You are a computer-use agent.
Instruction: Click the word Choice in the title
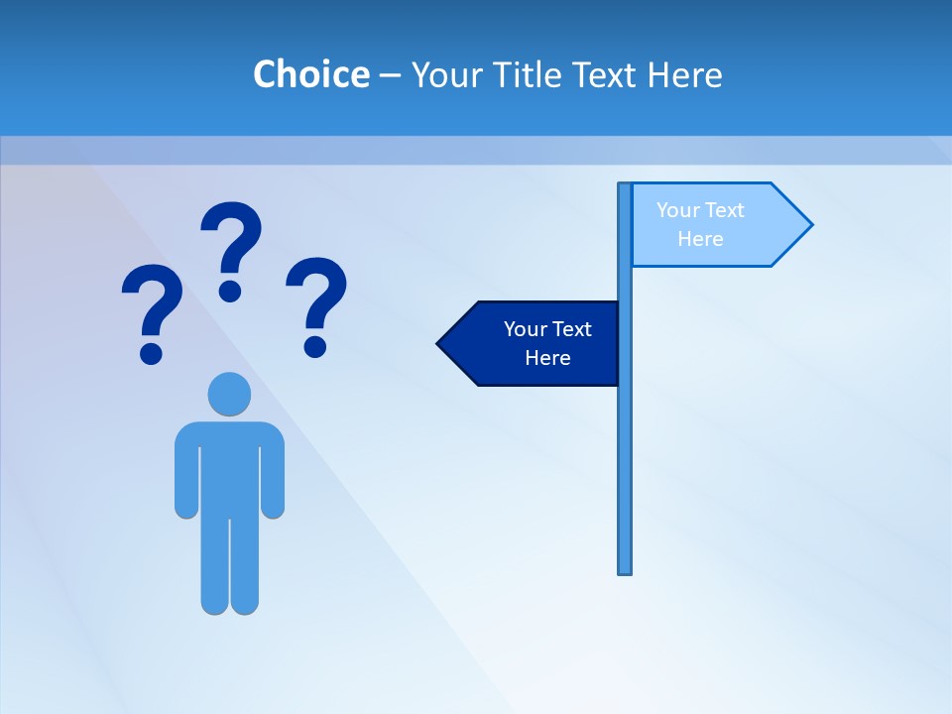coord(310,74)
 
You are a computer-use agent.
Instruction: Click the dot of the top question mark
coord(230,291)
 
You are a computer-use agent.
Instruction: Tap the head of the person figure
coord(229,394)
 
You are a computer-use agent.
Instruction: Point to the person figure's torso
coord(229,466)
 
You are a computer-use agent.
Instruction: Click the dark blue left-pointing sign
coord(535,343)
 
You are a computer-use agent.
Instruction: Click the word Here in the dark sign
coord(547,358)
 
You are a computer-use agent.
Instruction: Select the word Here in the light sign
coord(700,239)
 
